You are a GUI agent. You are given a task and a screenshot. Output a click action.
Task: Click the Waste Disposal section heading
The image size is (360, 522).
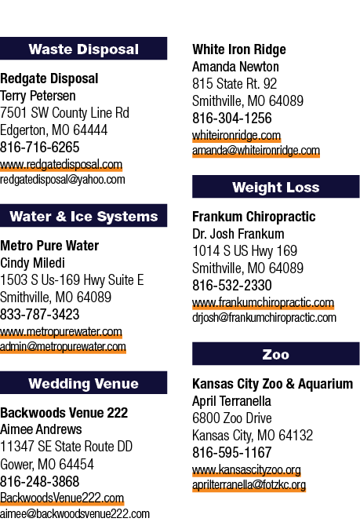83,49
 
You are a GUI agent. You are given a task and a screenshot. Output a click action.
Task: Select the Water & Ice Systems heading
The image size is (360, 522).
83,216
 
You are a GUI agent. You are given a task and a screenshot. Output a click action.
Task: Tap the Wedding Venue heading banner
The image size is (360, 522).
83,383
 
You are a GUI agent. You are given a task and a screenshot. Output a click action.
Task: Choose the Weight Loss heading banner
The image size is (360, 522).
276,187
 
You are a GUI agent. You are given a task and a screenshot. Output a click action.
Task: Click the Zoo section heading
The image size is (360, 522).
276,354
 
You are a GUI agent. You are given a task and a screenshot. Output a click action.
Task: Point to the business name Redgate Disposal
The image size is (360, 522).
49,79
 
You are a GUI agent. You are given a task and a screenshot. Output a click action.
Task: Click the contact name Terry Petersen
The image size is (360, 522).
38,96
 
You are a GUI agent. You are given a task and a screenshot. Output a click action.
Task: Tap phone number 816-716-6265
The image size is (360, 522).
40,147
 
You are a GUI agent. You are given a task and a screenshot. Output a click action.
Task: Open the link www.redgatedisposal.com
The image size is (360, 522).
61,165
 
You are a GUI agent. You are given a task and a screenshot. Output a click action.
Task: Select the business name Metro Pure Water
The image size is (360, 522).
49,246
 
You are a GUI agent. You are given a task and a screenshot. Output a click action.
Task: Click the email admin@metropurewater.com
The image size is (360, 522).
63,347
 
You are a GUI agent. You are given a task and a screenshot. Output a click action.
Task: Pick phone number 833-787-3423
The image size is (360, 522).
40,314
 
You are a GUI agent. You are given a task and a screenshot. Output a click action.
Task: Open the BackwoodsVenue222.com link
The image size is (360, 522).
62,498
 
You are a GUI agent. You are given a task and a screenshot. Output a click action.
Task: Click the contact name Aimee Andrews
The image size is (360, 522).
41,429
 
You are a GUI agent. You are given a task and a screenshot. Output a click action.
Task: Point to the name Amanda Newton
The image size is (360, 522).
235,67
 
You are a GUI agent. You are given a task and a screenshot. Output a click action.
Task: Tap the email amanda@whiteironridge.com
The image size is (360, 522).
256,151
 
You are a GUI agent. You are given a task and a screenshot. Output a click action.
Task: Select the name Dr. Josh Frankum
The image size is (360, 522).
238,234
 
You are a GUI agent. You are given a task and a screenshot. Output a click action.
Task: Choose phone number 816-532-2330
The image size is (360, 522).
232,285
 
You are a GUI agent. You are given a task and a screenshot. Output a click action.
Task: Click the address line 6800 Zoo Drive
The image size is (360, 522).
232,418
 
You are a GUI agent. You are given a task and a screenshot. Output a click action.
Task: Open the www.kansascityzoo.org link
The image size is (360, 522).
246,469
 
